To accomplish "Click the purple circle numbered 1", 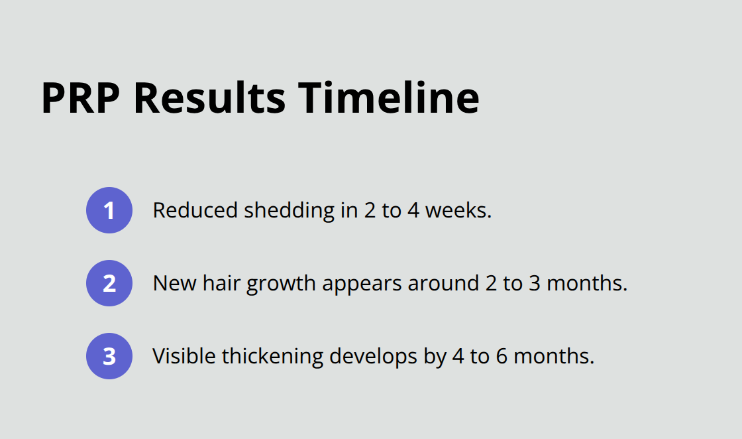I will coord(109,210).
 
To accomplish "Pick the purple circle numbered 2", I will coord(109,283).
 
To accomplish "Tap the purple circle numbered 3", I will coord(109,356).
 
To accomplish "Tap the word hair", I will coord(219,283).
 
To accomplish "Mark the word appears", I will coord(362,284).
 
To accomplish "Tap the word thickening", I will coord(272,357).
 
